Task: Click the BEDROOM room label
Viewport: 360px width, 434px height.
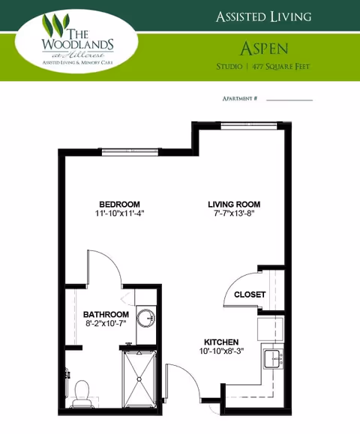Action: [x=119, y=204]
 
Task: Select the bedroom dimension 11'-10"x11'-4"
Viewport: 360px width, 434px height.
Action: [x=119, y=214]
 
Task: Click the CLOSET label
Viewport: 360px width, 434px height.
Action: [x=249, y=295]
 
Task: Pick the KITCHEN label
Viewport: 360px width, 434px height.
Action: [x=221, y=341]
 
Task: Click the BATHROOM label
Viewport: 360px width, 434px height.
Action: [x=106, y=315]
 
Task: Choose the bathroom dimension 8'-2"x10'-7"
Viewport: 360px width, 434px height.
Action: [x=106, y=325]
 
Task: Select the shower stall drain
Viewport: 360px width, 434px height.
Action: [x=140, y=379]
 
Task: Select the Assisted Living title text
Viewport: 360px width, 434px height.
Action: [x=263, y=16]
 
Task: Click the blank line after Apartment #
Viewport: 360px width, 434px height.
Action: [x=289, y=99]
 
